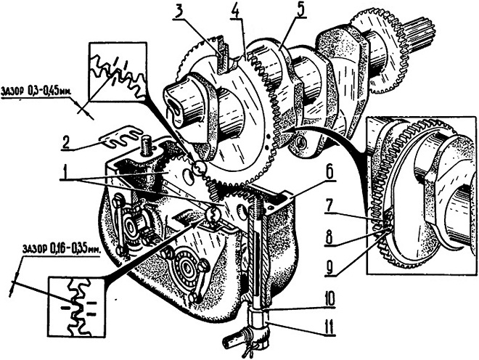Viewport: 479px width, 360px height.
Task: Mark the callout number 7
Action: tap(329, 208)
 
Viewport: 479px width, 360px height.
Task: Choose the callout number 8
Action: tap(329, 238)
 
